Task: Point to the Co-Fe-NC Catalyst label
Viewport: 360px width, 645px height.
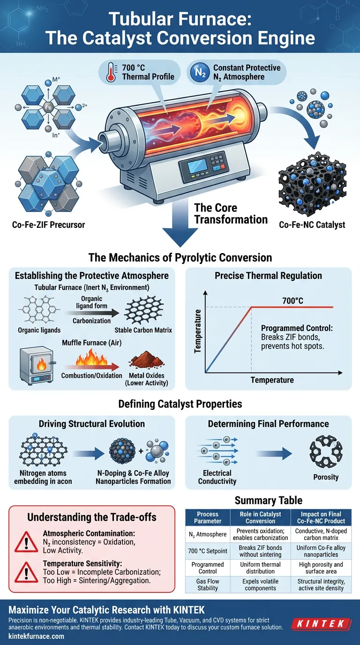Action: point(312,225)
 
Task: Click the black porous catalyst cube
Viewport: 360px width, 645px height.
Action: point(312,183)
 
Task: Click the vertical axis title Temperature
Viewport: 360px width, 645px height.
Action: point(198,331)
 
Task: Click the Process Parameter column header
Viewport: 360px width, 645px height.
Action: point(208,517)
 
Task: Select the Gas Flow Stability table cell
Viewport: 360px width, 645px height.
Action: point(208,585)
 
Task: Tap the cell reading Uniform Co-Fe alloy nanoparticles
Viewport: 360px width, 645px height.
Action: point(314,551)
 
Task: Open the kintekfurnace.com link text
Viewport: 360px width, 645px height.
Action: point(37,637)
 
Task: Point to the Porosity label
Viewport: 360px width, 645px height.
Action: point(326,477)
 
